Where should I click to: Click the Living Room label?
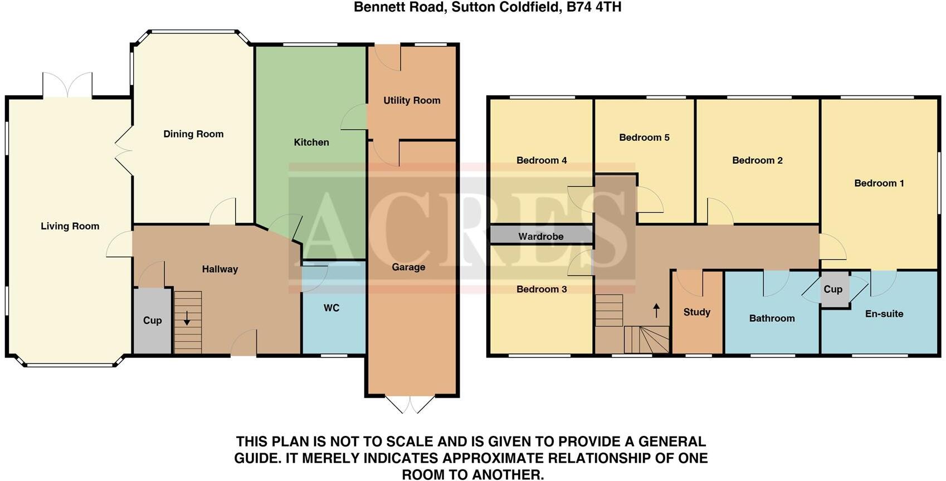coord(70,226)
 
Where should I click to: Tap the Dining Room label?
coord(193,134)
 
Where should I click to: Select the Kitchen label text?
coord(311,142)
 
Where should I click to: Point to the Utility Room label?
coord(412,100)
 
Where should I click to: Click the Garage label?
coord(408,267)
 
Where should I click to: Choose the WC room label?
coord(331,308)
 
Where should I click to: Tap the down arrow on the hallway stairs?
coord(187,318)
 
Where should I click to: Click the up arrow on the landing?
coord(656,311)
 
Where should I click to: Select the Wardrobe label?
coord(541,237)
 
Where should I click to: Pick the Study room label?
coord(697,312)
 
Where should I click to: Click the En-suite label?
coord(884,313)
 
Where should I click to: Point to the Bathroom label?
coord(772,318)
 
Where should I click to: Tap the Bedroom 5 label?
coord(644,137)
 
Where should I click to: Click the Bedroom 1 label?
coord(879,183)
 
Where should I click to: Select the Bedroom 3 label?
coord(542,289)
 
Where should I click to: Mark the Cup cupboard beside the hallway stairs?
coord(152,320)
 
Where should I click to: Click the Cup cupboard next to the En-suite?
coord(833,289)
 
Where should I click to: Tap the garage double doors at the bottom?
coord(411,405)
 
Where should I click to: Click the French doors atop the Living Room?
coord(67,85)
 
